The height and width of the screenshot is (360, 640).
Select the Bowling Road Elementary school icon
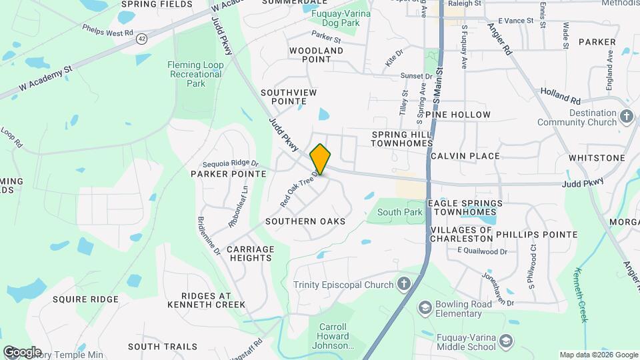(x=424, y=308)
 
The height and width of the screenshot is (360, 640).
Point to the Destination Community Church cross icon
(x=627, y=117)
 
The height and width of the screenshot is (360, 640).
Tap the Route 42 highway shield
(x=141, y=39)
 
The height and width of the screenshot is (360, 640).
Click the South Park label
(x=400, y=212)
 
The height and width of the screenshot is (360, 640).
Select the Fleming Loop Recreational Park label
(x=195, y=74)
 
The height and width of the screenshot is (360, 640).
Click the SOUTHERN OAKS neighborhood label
(x=305, y=221)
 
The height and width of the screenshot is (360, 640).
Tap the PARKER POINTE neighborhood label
(x=229, y=174)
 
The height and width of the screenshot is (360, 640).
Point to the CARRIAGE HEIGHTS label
(x=251, y=253)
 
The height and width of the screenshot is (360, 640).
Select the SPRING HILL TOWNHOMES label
(x=402, y=139)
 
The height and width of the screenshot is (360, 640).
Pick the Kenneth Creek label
(x=583, y=294)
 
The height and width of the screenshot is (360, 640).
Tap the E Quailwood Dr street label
(x=482, y=251)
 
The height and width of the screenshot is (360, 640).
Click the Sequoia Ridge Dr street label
(x=231, y=163)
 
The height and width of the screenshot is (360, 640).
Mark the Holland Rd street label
(x=561, y=95)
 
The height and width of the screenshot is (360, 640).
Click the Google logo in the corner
(x=22, y=351)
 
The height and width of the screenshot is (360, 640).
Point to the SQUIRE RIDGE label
(x=85, y=299)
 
